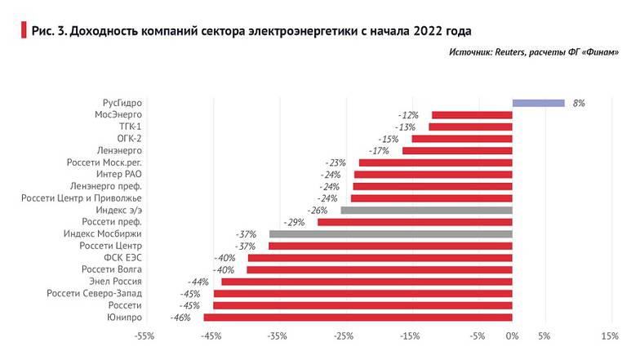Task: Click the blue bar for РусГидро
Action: click(538, 104)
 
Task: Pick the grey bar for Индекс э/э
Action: click(426, 211)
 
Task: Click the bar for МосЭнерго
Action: click(472, 116)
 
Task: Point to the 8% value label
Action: click(578, 104)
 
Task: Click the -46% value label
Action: click(180, 318)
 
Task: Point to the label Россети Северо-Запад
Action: click(95, 294)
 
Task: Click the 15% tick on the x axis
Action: click(610, 336)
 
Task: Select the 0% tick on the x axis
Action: click(512, 336)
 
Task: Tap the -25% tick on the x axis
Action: click(344, 336)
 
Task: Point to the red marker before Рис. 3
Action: click(22, 31)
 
